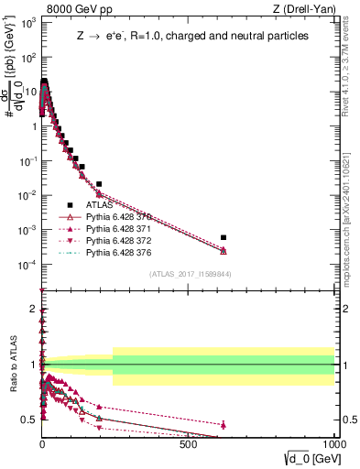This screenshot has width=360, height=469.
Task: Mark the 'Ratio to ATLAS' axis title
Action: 11,364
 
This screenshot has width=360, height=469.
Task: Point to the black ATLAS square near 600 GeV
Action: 224,238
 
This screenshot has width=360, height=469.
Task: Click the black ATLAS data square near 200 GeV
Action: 99,184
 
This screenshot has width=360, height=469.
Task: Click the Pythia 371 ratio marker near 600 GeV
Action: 224,424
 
